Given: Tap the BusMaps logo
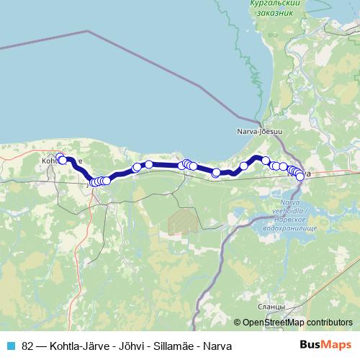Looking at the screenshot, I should click(x=325, y=345).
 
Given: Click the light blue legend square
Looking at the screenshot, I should click(x=9, y=345).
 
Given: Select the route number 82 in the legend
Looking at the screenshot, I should click(x=27, y=346).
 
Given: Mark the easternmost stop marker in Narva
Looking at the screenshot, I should click(x=300, y=176).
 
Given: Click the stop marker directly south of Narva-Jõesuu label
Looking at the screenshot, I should click(x=265, y=161).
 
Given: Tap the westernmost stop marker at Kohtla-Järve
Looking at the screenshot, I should click(x=60, y=158).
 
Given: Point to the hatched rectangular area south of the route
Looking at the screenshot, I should click(x=182, y=221).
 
